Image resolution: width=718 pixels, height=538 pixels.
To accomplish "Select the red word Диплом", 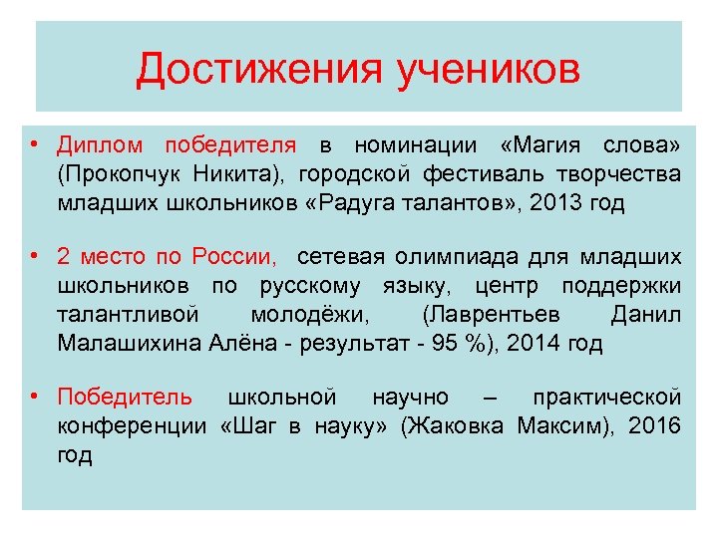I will [102, 145].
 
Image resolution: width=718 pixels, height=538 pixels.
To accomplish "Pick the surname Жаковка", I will [456, 426].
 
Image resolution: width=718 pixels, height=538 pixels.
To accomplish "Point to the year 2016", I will [657, 426].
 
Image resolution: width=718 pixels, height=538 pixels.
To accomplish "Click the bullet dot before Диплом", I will [36, 145].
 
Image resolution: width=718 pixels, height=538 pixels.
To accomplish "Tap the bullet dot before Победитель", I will [36, 398].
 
